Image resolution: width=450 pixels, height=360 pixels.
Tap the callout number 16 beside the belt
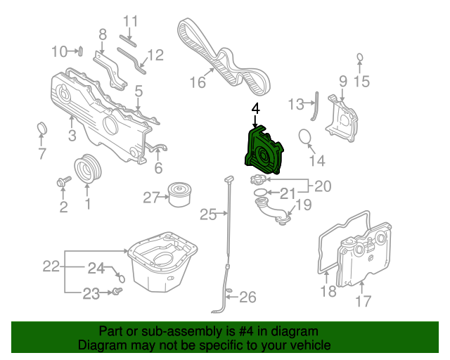click(x=198, y=82)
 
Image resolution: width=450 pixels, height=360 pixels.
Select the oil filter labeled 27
click(x=180, y=194)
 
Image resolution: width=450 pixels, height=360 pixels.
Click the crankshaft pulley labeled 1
click(x=87, y=169)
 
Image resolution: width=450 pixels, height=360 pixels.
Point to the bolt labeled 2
click(x=64, y=181)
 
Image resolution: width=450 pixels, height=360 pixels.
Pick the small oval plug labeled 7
click(x=42, y=128)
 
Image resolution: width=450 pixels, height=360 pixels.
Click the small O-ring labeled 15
click(x=360, y=58)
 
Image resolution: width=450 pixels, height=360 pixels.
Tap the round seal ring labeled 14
click(x=304, y=136)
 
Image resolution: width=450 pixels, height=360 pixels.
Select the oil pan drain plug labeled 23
click(x=117, y=291)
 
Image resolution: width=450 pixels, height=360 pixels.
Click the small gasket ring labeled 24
click(x=122, y=278)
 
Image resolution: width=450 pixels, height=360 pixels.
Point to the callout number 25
click(x=208, y=214)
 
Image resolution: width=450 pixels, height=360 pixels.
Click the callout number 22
click(x=51, y=266)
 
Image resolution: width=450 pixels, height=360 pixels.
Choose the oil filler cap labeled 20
click(x=258, y=180)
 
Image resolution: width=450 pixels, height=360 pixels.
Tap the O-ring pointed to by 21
click(x=261, y=192)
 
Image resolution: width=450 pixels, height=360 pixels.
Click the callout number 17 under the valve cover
click(x=363, y=301)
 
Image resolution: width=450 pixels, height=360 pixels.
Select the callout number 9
click(x=343, y=82)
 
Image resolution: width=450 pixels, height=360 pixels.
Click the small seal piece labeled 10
click(x=81, y=51)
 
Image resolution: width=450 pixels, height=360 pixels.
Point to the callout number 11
click(x=131, y=21)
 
